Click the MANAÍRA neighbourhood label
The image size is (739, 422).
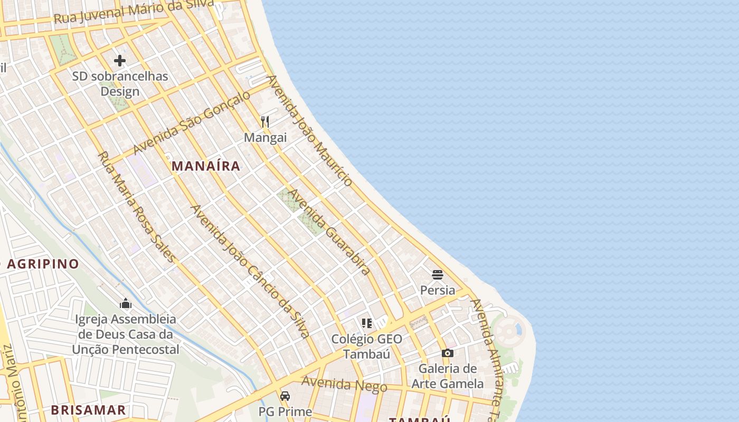click(x=206, y=166)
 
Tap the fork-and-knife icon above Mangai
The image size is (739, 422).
click(x=265, y=122)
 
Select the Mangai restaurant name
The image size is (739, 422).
click(x=265, y=138)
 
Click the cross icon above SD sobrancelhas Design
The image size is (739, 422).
click(x=120, y=61)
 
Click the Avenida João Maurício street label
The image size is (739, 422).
click(x=309, y=131)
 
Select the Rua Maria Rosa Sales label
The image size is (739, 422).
click(x=136, y=207)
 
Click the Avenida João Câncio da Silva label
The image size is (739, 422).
click(x=249, y=271)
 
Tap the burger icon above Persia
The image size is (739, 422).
click(x=437, y=274)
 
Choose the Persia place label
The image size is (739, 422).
click(x=437, y=290)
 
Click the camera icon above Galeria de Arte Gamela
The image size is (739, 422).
click(x=448, y=353)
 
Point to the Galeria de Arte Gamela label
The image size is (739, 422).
click(x=448, y=376)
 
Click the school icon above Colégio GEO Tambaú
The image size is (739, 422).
click(x=367, y=323)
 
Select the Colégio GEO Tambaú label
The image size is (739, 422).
click(x=367, y=347)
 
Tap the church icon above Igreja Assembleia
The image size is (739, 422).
click(x=126, y=303)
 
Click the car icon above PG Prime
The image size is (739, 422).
click(x=285, y=396)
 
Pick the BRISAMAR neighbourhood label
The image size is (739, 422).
click(x=88, y=410)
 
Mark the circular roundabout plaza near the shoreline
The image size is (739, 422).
click(x=507, y=332)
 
